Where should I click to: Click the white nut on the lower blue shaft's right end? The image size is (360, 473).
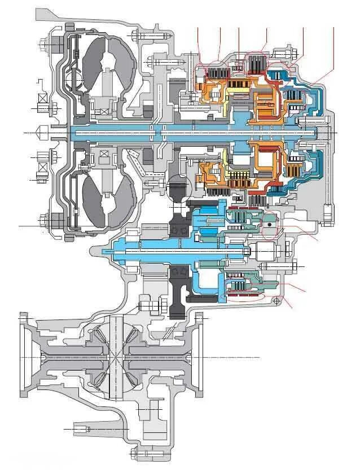tap(264, 249)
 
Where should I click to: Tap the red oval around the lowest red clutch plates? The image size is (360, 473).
tap(245, 296)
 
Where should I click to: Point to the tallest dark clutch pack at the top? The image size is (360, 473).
tap(257, 65)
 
